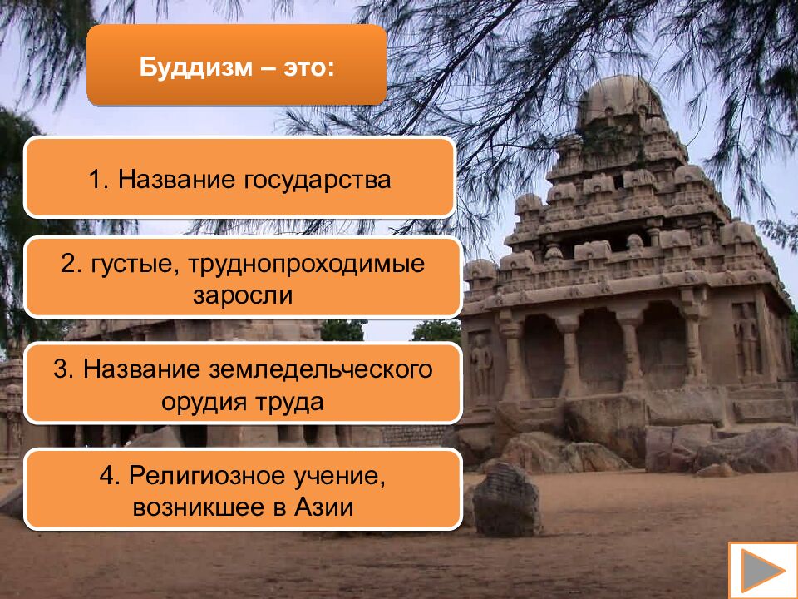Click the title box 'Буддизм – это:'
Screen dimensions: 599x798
pos(236,65)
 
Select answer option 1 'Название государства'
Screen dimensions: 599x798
pos(239,178)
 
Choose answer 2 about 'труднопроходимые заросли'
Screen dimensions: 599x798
pos(242,278)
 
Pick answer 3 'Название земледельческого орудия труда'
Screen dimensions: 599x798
pos(242,384)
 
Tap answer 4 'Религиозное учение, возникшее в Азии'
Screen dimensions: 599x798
pos(242,490)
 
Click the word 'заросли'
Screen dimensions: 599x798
pos(244,295)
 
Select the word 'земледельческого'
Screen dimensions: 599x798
pos(329,369)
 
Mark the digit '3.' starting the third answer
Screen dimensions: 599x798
pos(63,369)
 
